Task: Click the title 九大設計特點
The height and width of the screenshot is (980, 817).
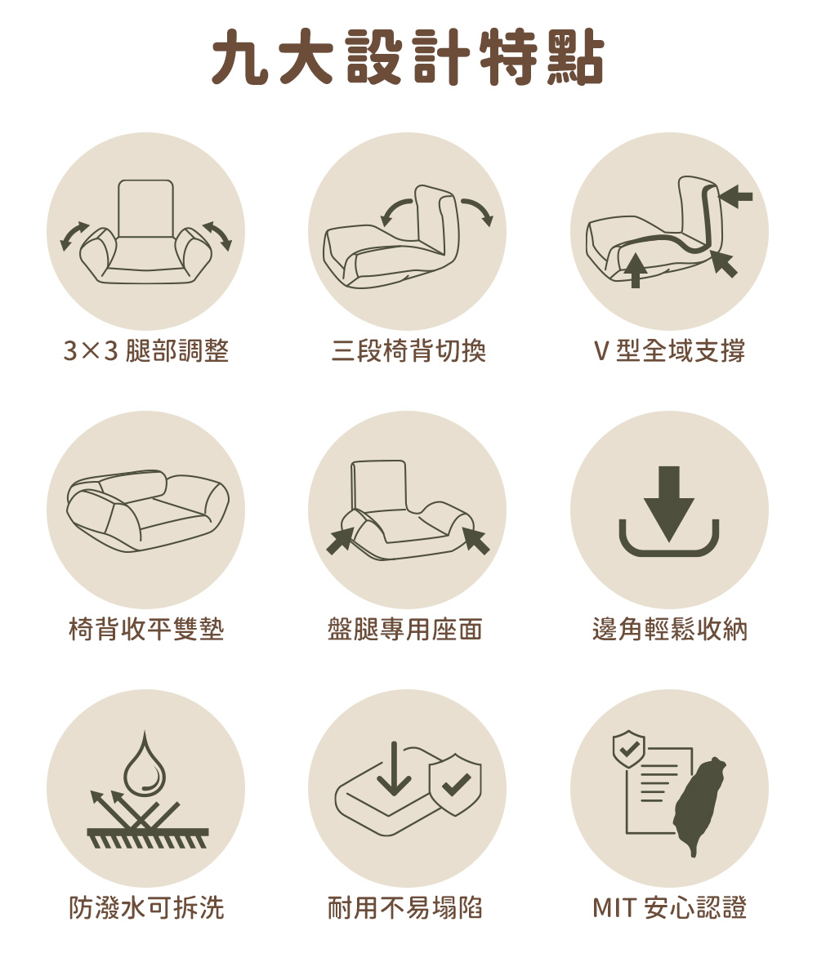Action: (408, 57)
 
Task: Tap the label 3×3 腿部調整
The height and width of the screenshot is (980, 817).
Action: (146, 350)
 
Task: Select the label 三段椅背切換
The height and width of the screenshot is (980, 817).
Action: (408, 350)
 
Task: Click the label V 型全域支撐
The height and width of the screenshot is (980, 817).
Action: (669, 350)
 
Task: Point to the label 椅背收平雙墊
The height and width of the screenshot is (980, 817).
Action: (146, 629)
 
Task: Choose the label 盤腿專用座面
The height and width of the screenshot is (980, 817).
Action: (404, 629)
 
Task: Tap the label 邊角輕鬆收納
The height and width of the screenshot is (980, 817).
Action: (670, 629)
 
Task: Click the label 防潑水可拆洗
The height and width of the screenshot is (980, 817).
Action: (146, 907)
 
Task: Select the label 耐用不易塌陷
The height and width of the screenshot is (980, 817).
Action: (404, 907)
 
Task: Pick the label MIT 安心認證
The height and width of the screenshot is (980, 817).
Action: (670, 907)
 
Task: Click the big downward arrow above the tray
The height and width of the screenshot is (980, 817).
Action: (669, 504)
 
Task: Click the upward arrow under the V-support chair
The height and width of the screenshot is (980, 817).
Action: (636, 270)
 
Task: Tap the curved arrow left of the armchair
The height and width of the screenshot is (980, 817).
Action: (74, 236)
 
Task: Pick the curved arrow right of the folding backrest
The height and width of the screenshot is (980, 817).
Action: (477, 212)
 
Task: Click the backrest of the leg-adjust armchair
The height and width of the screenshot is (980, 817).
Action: (145, 208)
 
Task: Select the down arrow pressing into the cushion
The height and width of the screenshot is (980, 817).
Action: (394, 768)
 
